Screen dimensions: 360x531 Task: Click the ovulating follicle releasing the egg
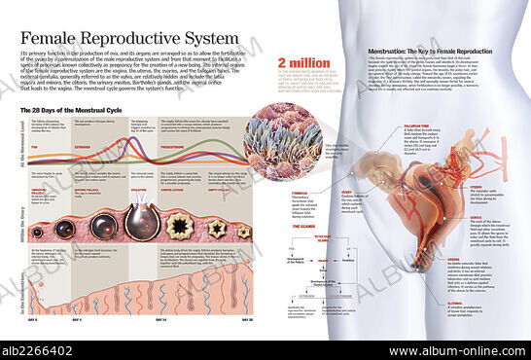pos(142,221)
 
